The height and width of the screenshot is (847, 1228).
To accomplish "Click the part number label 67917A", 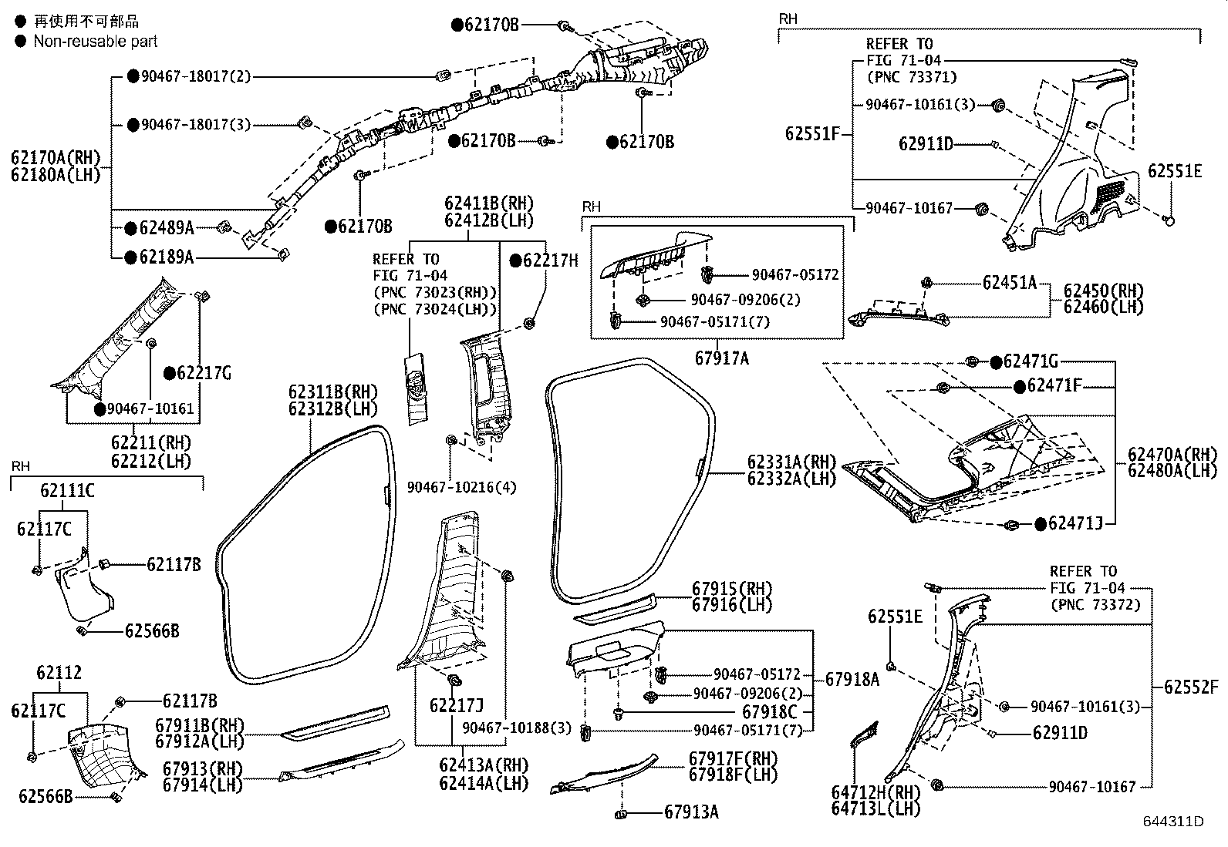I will [x=721, y=358].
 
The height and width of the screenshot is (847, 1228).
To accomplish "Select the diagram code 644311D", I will [x=1173, y=822].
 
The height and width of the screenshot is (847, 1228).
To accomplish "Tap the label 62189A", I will [x=166, y=257].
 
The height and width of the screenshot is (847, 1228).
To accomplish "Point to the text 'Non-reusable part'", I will [x=95, y=42].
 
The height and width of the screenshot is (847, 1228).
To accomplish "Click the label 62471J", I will [x=1081, y=524].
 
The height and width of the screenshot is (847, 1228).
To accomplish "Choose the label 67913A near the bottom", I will [x=691, y=812].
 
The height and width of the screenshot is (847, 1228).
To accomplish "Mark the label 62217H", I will [x=549, y=260].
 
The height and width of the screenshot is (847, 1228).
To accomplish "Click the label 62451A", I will [x=1009, y=283].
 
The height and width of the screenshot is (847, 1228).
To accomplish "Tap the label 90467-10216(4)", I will [x=462, y=487].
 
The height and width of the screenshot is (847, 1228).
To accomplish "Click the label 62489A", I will [x=166, y=227].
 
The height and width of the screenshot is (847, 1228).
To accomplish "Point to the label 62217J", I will [x=456, y=704].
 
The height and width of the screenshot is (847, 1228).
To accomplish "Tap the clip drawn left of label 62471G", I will [x=972, y=361].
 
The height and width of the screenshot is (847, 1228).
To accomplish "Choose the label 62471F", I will [x=1054, y=385].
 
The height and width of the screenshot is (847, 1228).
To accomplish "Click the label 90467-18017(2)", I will [x=196, y=76].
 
